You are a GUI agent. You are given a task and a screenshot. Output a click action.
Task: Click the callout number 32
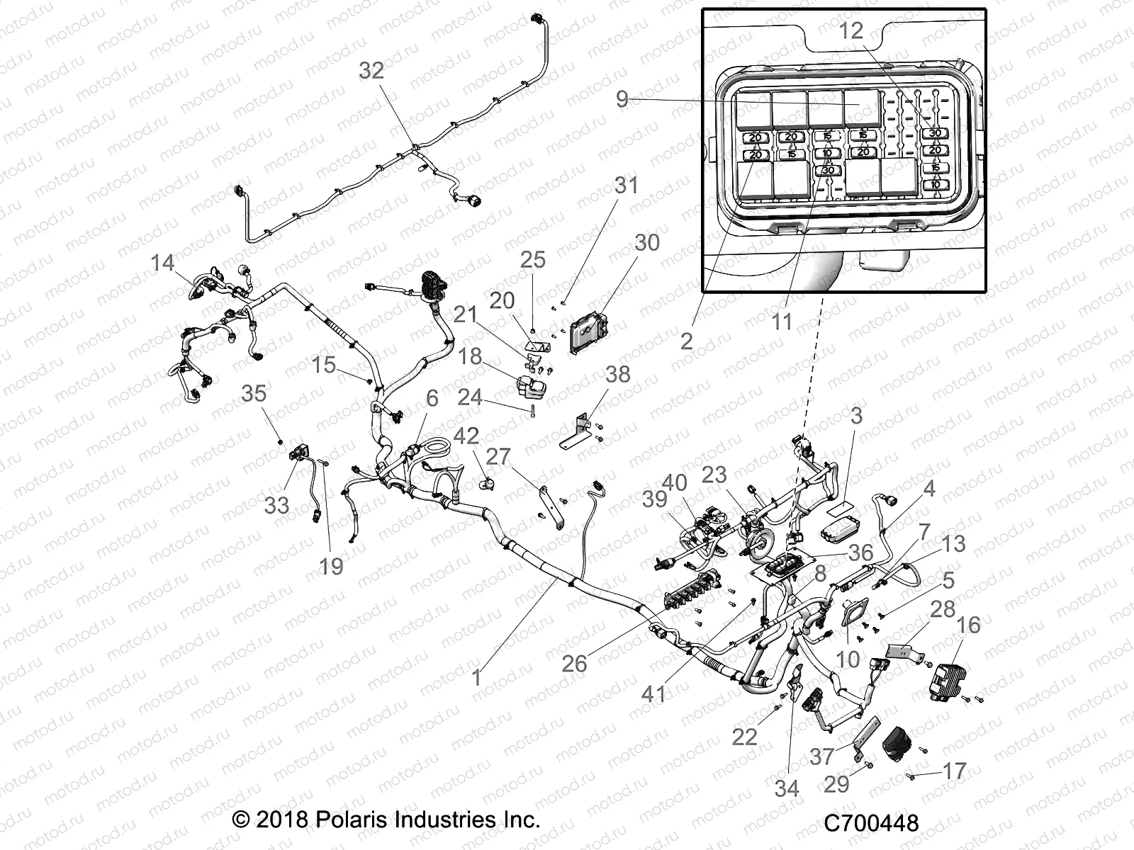(371, 70)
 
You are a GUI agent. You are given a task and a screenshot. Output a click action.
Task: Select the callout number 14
(162, 263)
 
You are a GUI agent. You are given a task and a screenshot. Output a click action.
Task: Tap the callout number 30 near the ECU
(646, 242)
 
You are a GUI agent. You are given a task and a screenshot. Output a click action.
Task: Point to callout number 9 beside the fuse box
(622, 99)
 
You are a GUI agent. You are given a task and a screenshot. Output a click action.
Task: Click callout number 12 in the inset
(852, 30)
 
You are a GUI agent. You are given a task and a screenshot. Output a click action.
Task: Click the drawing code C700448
(871, 823)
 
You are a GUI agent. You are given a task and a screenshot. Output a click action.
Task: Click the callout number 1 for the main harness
(477, 678)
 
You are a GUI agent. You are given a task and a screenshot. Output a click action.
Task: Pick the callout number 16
(969, 625)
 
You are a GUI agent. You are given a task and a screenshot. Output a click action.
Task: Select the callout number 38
(617, 374)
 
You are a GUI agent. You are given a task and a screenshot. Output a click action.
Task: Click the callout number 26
(574, 664)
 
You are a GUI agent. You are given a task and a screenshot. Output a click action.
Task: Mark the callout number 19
(331, 566)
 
